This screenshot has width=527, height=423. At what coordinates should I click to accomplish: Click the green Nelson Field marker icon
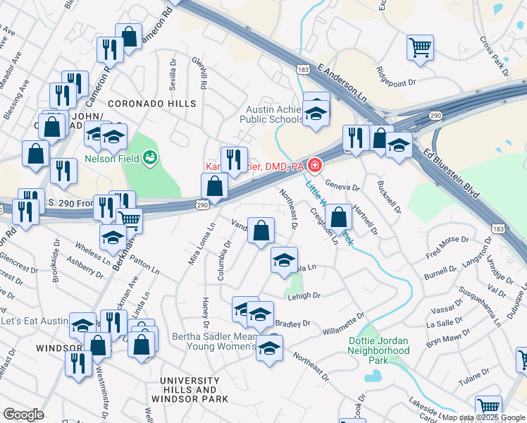coord(149,157)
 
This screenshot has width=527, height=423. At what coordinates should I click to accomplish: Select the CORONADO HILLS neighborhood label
coord(151,104)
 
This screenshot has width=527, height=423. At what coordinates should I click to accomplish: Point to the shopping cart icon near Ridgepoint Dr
coord(420,48)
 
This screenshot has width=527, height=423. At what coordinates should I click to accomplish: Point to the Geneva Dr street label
coord(342,188)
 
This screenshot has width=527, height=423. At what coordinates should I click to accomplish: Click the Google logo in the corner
coord(23,415)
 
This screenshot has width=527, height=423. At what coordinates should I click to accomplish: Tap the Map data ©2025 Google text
coord(483,417)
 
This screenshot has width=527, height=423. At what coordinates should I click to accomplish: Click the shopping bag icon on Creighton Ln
coord(339,218)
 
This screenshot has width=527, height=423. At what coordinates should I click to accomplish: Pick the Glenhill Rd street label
coord(201,73)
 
